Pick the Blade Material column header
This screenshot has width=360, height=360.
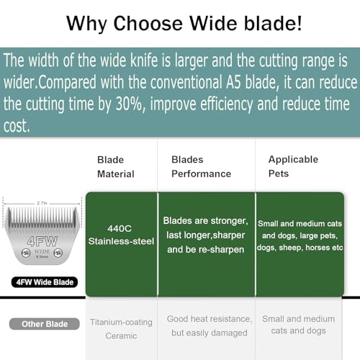(115, 166)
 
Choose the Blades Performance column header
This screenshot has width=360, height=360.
(201, 166)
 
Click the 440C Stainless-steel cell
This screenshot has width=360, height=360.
(122, 234)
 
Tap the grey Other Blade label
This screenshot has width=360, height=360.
(44, 323)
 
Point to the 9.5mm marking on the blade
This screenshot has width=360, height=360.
(40, 258)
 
